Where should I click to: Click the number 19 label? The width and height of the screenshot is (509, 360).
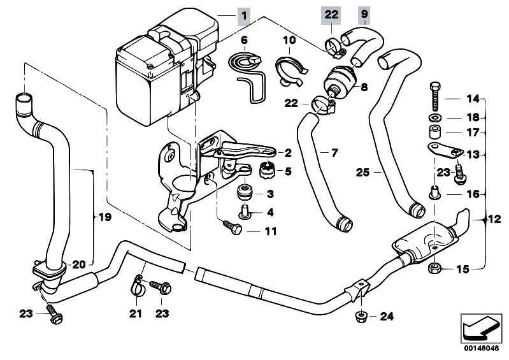point(104,217)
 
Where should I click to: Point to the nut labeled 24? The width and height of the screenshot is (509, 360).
point(359,316)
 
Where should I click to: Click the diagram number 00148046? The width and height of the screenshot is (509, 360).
point(478,349)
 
